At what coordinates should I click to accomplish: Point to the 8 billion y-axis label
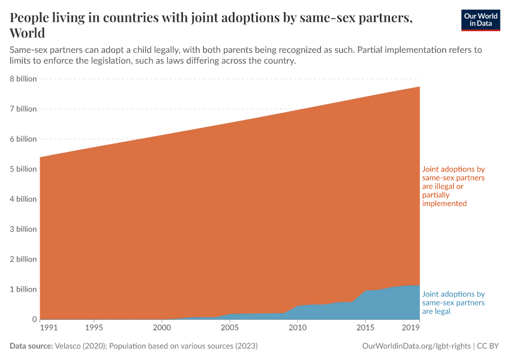(23, 79)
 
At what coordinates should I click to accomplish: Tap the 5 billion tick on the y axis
(23, 169)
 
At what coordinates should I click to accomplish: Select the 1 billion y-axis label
(23, 289)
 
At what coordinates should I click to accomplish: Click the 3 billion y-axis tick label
(23, 229)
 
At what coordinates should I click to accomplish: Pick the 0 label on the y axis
(34, 319)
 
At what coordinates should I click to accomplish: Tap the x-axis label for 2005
(229, 328)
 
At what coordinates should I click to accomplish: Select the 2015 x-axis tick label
(365, 328)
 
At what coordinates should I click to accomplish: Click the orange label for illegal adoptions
(453, 187)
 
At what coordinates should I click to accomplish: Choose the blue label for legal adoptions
(453, 303)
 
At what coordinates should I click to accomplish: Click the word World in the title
(27, 32)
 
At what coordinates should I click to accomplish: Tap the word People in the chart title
(31, 17)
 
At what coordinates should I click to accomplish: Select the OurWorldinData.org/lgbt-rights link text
(416, 346)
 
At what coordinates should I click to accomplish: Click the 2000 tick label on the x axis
(161, 328)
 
